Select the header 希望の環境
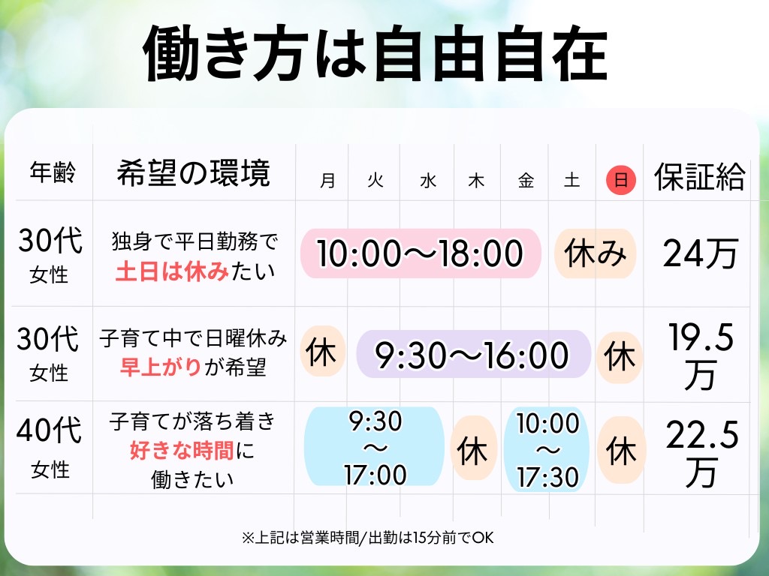194,173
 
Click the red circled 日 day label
621,181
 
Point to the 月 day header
327,181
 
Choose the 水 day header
428,181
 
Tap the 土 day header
572,181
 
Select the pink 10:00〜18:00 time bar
421,253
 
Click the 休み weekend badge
596,253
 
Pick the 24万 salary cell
700,254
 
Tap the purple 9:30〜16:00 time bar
473,354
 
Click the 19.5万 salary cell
700,356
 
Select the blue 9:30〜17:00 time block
375,448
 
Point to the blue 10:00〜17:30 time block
547,449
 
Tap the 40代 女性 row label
50,448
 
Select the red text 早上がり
160,367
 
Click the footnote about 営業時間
367,537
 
